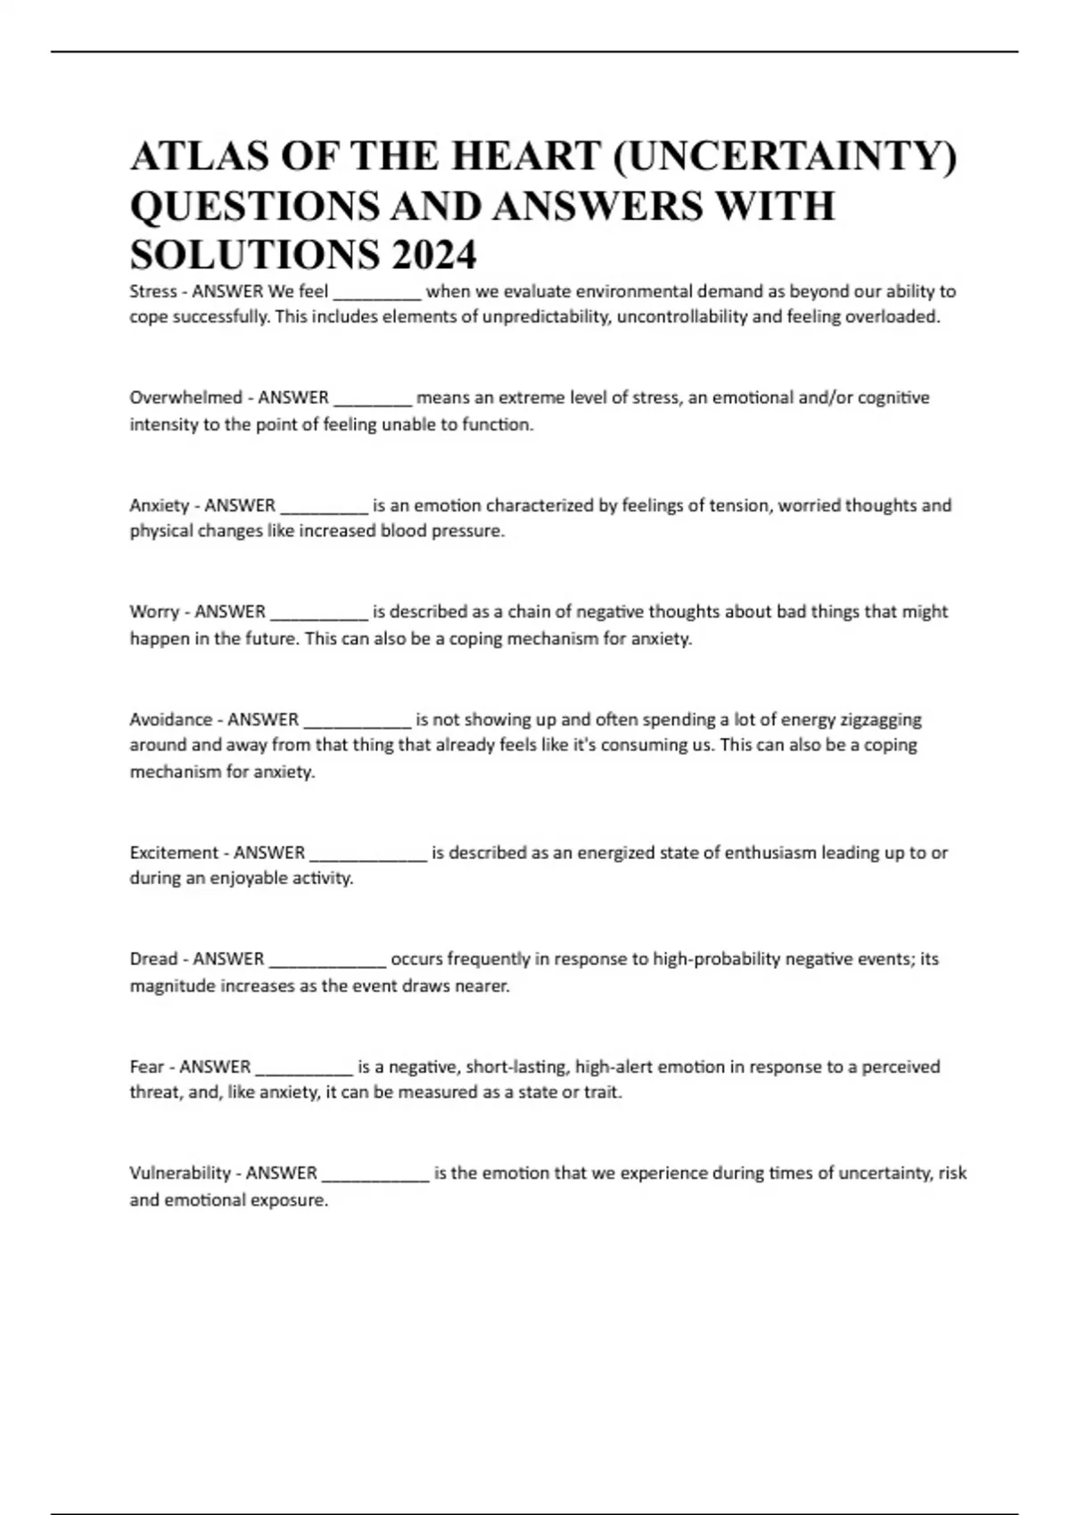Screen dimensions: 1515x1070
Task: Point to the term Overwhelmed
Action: (185, 397)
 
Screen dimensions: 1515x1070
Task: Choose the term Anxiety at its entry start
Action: (160, 505)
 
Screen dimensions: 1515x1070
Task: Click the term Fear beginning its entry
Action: (147, 1067)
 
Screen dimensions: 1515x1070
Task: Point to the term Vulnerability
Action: (180, 1174)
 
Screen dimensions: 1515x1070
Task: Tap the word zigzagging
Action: (880, 720)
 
